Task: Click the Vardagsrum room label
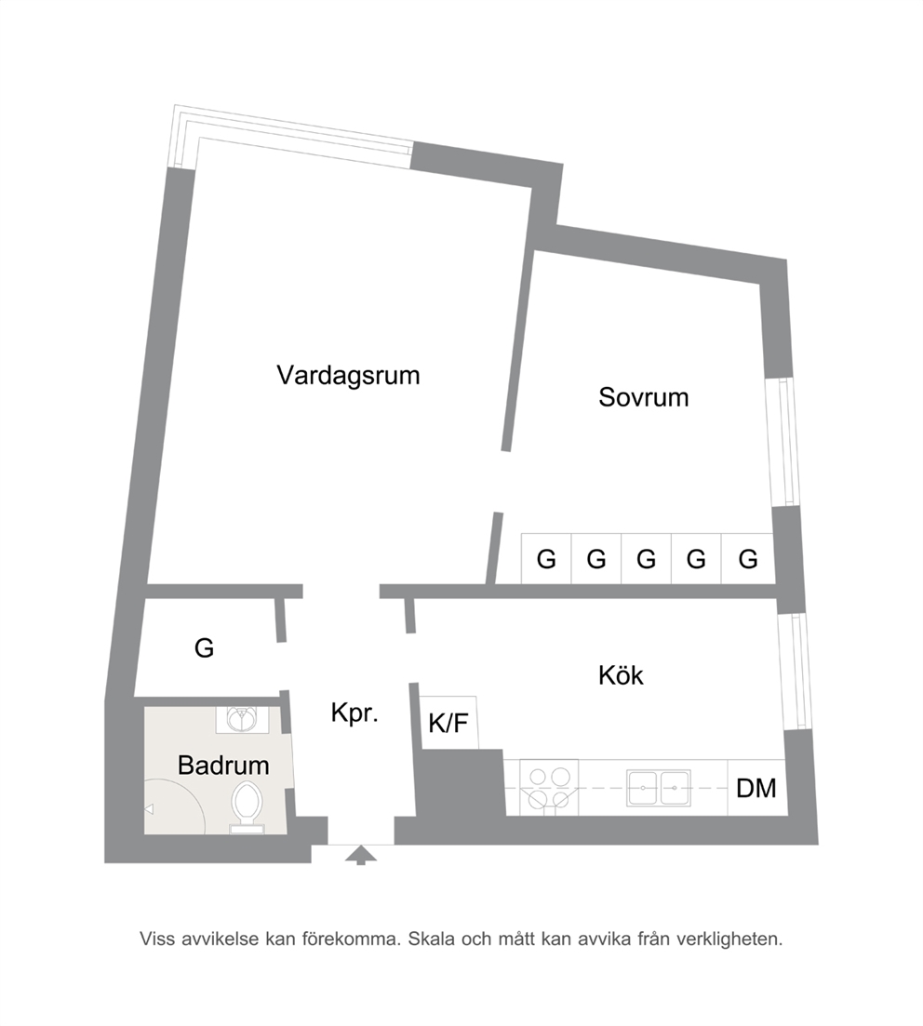pos(348,376)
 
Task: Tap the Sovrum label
pos(644,398)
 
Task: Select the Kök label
pos(621,675)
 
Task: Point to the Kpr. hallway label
pos(354,713)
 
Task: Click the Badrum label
pos(223,766)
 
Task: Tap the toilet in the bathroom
pos(247,806)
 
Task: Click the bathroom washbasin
pos(242,720)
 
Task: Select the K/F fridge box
pos(448,723)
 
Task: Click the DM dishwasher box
pos(756,788)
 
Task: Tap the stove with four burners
pos(549,787)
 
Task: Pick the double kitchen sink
pos(658,788)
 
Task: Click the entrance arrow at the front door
pos(361,855)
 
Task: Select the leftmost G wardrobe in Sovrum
pos(546,559)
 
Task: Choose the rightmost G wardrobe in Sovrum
pos(748,559)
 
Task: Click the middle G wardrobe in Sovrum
pos(646,559)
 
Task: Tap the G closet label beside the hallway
pos(205,647)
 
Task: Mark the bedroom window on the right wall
pos(783,442)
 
